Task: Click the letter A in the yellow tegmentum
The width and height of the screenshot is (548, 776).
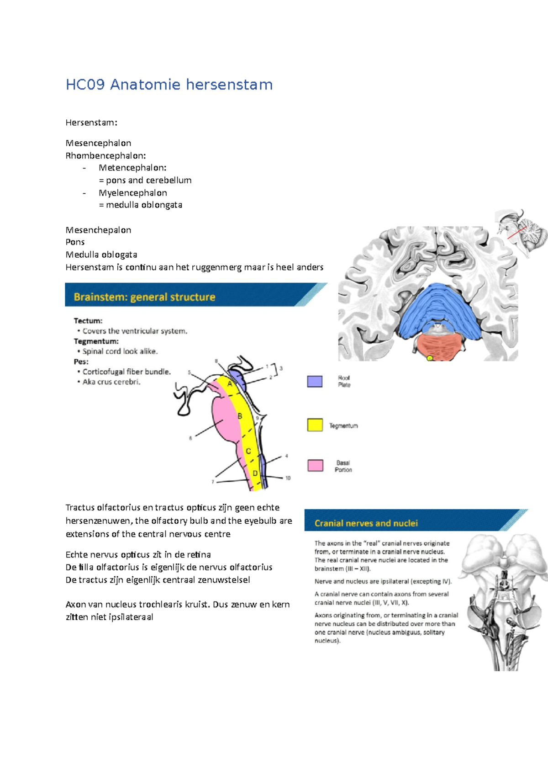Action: [230, 384]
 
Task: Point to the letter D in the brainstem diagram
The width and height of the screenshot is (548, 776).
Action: [255, 473]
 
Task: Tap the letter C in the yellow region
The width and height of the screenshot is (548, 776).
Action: [248, 451]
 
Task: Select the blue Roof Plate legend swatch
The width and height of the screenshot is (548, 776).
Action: [315, 381]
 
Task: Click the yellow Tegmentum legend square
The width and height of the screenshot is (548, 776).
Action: [315, 425]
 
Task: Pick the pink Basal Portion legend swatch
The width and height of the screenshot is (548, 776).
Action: [315, 466]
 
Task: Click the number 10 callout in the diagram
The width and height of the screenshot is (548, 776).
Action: [288, 478]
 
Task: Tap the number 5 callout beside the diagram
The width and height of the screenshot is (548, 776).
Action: [189, 372]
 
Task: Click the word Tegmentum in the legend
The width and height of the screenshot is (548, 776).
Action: [343, 425]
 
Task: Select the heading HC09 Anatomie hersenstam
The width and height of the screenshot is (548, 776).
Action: [169, 85]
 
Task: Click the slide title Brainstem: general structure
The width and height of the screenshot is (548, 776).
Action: [144, 297]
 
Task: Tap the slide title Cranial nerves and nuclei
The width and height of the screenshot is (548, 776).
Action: [366, 523]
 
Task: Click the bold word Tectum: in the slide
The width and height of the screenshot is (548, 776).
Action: [88, 321]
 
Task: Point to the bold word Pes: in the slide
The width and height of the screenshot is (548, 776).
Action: [81, 361]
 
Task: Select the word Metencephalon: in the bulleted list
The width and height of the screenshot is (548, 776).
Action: [132, 168]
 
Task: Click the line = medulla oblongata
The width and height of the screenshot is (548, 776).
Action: [140, 205]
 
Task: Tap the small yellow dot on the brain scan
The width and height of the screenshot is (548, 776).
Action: [429, 358]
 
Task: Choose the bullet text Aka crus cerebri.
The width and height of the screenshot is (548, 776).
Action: [111, 382]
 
